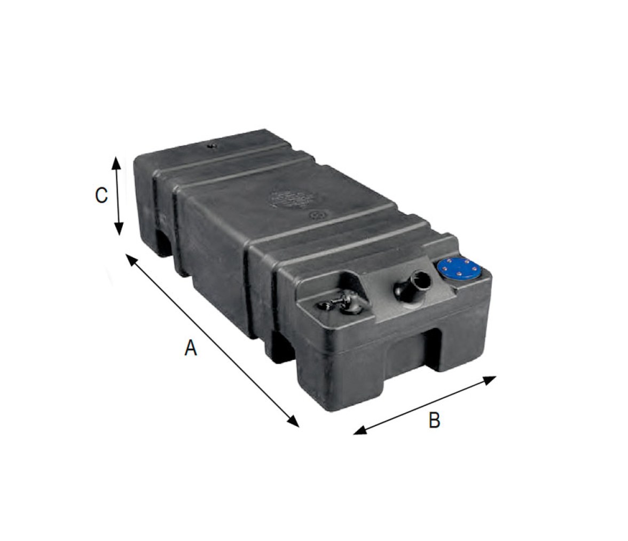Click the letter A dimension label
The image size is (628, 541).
point(191,347)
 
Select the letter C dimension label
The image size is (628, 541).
point(101,195)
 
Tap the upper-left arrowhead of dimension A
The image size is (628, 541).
point(132,259)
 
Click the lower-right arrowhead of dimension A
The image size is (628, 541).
point(293,421)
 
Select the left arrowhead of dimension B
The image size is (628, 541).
point(360,430)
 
